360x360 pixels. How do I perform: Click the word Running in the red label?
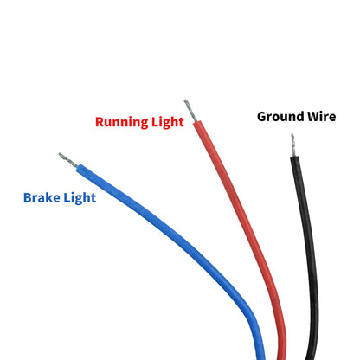coord(122,122)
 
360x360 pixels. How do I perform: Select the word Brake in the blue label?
coord(42,198)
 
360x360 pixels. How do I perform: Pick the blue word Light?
coord(80,198)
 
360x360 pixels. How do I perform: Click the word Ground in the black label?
coord(280,117)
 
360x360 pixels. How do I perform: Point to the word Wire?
coord(321,117)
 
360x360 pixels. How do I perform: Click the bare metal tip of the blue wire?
coord(68,160)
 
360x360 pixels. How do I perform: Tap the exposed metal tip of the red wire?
coord(190,111)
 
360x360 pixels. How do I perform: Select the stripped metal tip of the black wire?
coord(293,145)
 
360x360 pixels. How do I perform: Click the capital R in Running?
coord(100,122)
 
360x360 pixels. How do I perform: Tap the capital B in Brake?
coord(28,198)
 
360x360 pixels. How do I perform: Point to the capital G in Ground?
coord(262,117)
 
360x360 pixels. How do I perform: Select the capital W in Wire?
coord(313,117)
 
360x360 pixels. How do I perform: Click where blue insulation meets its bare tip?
coord(77,168)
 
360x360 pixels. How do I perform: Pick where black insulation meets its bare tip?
coord(294,157)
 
